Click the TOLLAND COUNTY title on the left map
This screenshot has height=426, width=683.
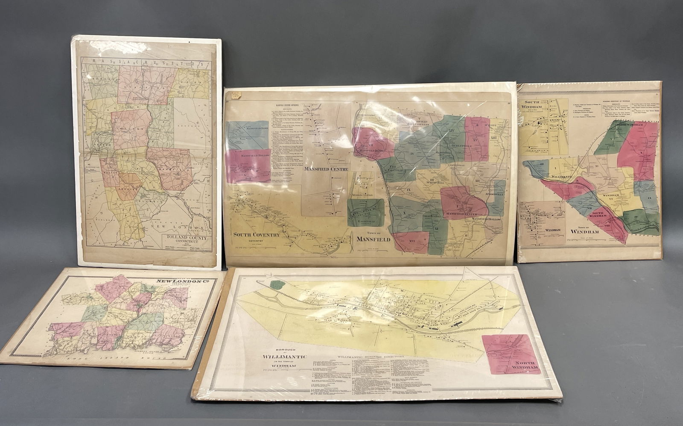click(187, 238)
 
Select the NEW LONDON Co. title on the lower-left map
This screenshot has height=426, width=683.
click(175, 282)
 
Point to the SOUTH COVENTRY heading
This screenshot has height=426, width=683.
click(257, 235)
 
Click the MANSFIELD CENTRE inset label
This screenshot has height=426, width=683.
click(326, 169)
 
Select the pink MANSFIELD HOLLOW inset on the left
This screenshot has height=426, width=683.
click(248, 165)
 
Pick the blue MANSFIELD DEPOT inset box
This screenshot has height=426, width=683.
click(248, 135)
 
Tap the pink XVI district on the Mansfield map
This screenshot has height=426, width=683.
click(411, 242)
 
